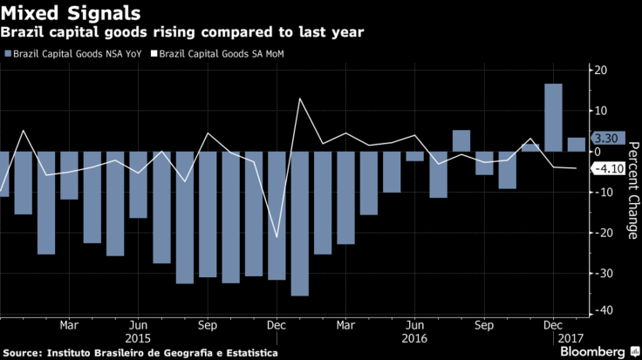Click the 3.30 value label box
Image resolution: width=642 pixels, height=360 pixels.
(604, 139)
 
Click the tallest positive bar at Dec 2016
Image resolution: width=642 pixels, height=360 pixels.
(553, 118)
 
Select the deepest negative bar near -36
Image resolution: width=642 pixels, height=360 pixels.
(299, 223)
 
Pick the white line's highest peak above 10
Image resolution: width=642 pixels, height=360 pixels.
(300, 98)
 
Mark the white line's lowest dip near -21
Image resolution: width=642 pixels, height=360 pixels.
(277, 237)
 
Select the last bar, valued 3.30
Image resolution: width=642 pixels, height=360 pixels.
(576, 145)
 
